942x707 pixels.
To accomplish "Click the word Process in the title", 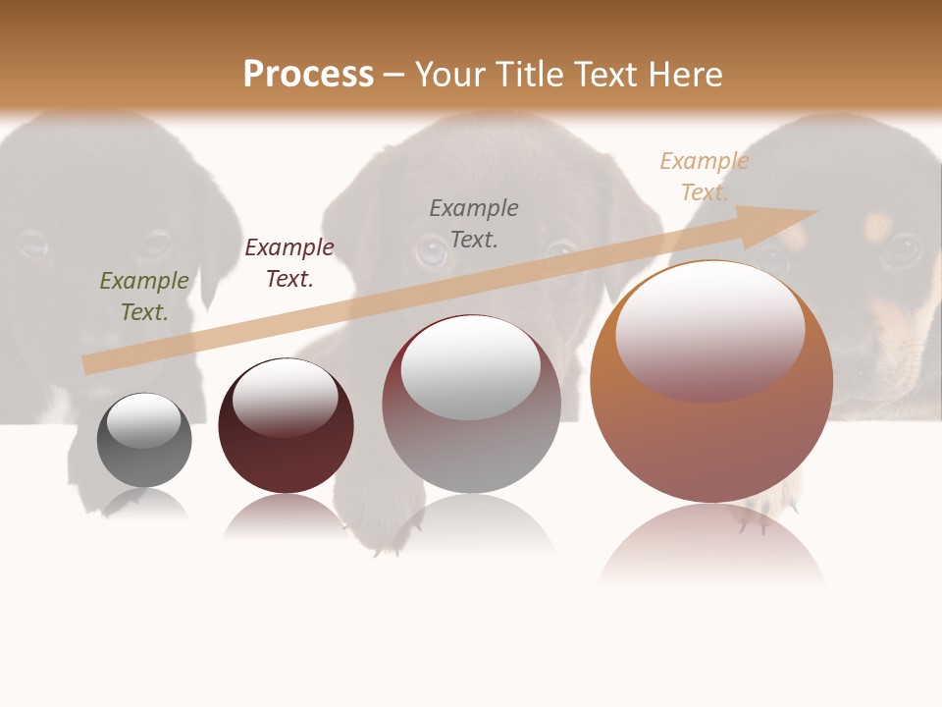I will pos(308,74).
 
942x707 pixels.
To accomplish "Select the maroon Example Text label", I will pos(289,263).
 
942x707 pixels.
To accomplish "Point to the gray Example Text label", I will pos(474,223).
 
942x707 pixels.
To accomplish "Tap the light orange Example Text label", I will pos(705,176).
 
